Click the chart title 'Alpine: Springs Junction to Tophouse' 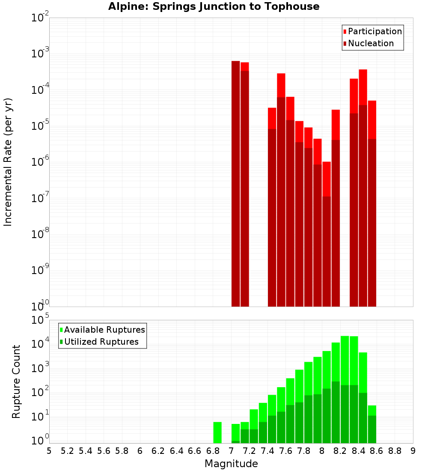click(214, 6)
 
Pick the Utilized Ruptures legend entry click(101, 342)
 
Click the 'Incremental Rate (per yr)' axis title click(8, 162)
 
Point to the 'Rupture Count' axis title click(16, 382)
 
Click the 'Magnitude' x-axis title click(231, 464)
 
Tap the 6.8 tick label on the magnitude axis click(213, 451)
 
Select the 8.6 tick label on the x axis click(377, 451)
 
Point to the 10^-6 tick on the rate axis click(39, 161)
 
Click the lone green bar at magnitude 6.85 click(217, 432)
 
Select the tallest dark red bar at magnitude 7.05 click(235, 184)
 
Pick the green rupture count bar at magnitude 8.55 click(372, 424)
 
